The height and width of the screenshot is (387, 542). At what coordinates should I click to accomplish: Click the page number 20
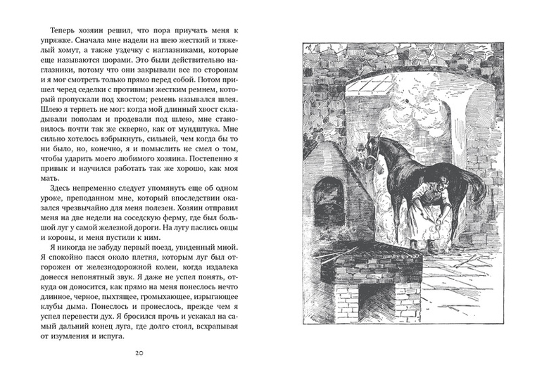pyautogui.click(x=137, y=353)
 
